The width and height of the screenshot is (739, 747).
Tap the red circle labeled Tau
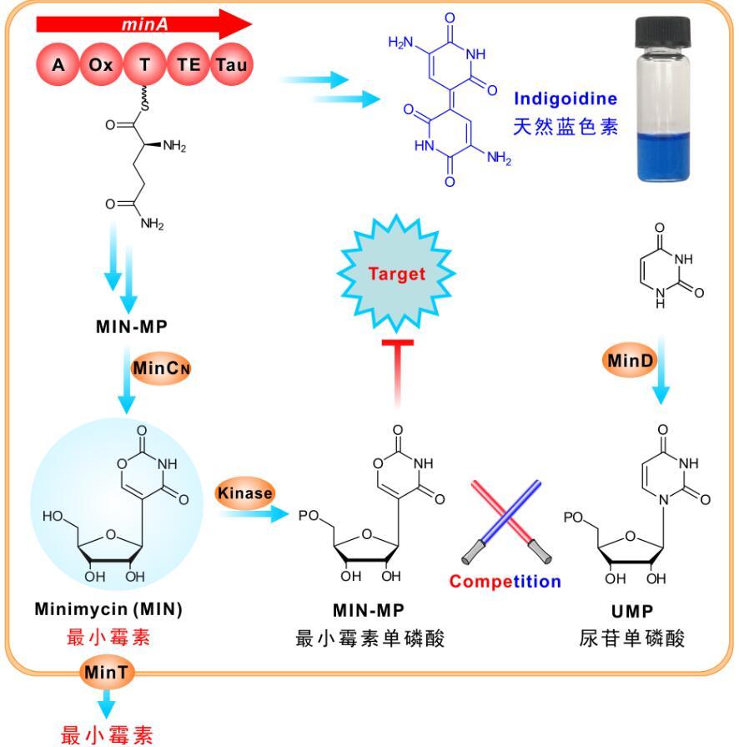(230, 64)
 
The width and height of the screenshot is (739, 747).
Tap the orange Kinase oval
(245, 493)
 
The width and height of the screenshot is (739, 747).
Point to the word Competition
(505, 582)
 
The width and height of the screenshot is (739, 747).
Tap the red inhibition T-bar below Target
(397, 367)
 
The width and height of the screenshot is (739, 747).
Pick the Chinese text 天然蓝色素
(567, 128)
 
